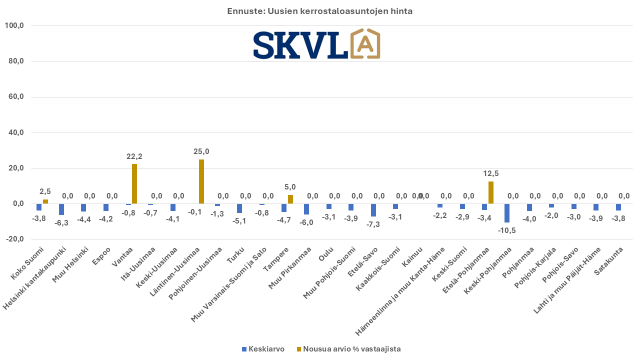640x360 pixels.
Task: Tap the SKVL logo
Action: (316, 44)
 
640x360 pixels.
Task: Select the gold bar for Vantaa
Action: (134, 183)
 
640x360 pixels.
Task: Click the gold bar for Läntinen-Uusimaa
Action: (201, 181)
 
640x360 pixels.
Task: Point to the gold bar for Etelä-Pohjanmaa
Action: (491, 192)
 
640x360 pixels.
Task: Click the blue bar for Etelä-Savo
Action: (373, 210)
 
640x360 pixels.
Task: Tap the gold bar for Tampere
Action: (290, 199)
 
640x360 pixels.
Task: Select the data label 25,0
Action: (201, 151)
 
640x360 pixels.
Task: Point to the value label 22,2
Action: (134, 156)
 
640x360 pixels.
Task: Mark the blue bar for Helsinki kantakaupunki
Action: (61, 209)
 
